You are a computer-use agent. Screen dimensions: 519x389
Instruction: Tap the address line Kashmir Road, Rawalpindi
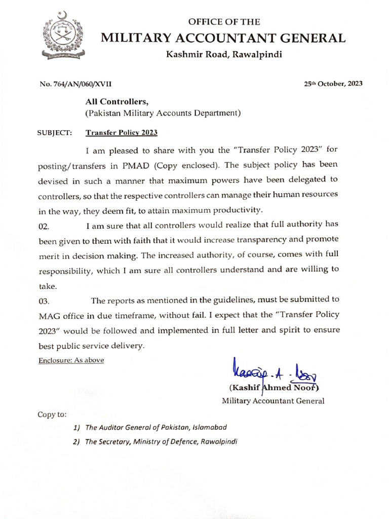pos(224,55)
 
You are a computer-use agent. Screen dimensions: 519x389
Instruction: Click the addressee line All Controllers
pos(116,102)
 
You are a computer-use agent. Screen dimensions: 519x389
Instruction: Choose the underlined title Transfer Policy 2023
pos(122,133)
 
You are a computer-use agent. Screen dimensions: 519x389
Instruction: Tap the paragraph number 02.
pos(44,227)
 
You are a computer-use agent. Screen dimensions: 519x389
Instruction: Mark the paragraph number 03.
pos(44,302)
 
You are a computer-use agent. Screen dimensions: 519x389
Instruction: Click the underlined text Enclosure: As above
pos(71,360)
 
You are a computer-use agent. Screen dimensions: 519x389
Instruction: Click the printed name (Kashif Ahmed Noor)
pos(274,389)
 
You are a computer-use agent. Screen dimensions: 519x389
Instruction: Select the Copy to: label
pos(52,414)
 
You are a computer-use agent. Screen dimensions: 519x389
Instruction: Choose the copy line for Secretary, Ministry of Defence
pos(160,441)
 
